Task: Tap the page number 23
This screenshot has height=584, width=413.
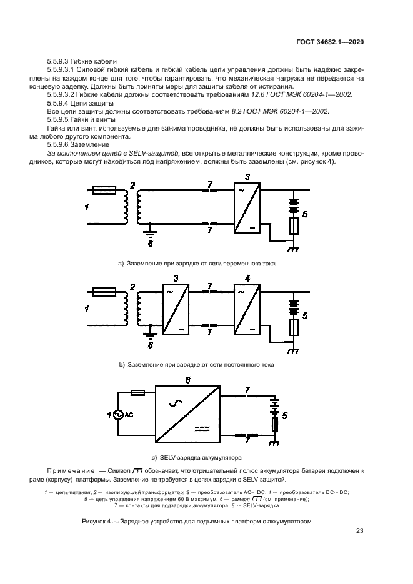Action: click(x=360, y=532)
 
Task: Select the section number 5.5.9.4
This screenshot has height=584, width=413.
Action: click(x=60, y=102)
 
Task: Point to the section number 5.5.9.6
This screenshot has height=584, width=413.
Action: click(x=60, y=144)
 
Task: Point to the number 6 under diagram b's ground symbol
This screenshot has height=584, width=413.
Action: click(x=150, y=345)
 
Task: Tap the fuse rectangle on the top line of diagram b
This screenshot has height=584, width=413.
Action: click(x=104, y=291)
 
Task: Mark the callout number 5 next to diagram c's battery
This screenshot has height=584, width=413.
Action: click(x=285, y=415)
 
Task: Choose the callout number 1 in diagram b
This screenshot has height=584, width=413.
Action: click(x=87, y=308)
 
